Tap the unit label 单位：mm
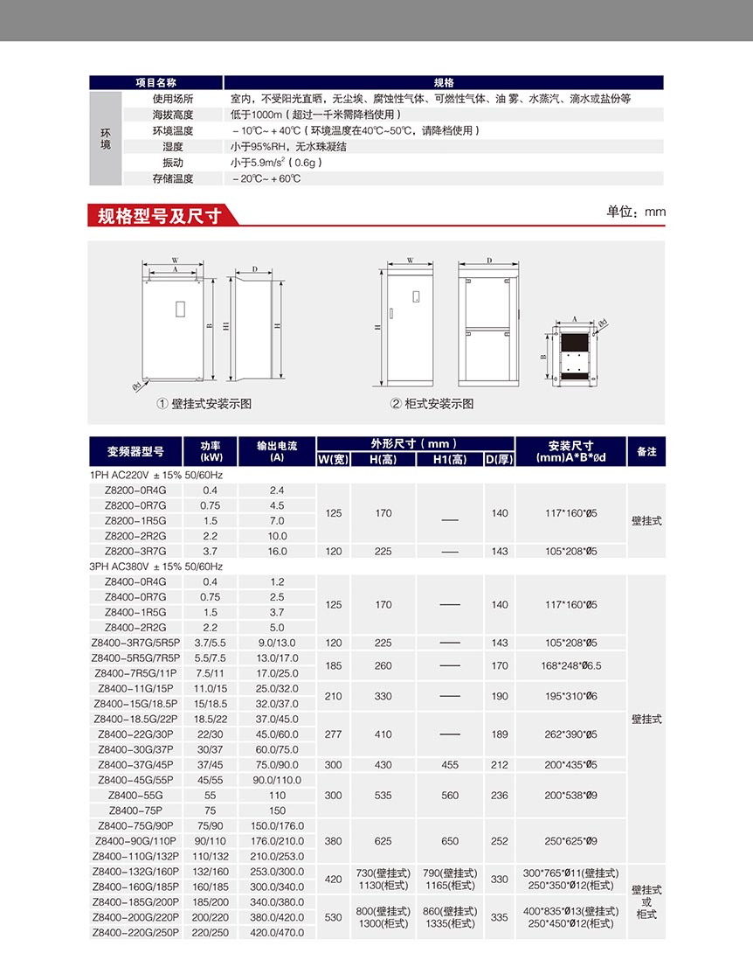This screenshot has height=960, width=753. click(x=636, y=212)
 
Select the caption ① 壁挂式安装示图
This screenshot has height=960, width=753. click(x=204, y=404)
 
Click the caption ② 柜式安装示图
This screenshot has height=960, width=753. click(x=432, y=404)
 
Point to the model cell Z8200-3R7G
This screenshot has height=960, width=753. click(x=135, y=551)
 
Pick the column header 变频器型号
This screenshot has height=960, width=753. click(x=135, y=451)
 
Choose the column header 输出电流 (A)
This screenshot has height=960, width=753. click(x=277, y=451)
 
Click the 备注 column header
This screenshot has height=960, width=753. click(x=646, y=451)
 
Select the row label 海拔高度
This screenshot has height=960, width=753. click(x=173, y=115)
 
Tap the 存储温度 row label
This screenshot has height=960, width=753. click(x=173, y=178)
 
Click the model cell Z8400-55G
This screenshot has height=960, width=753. click(x=135, y=796)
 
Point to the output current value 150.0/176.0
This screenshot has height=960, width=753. click(x=277, y=826)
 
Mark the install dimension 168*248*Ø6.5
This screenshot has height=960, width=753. click(x=571, y=665)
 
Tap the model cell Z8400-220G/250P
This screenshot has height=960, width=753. click(x=135, y=933)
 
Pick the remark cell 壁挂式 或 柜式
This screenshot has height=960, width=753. click(x=646, y=902)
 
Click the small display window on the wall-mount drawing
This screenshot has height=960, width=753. click(x=180, y=309)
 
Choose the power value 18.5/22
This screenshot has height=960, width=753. click(x=210, y=719)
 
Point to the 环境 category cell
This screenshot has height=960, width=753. click(x=106, y=138)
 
